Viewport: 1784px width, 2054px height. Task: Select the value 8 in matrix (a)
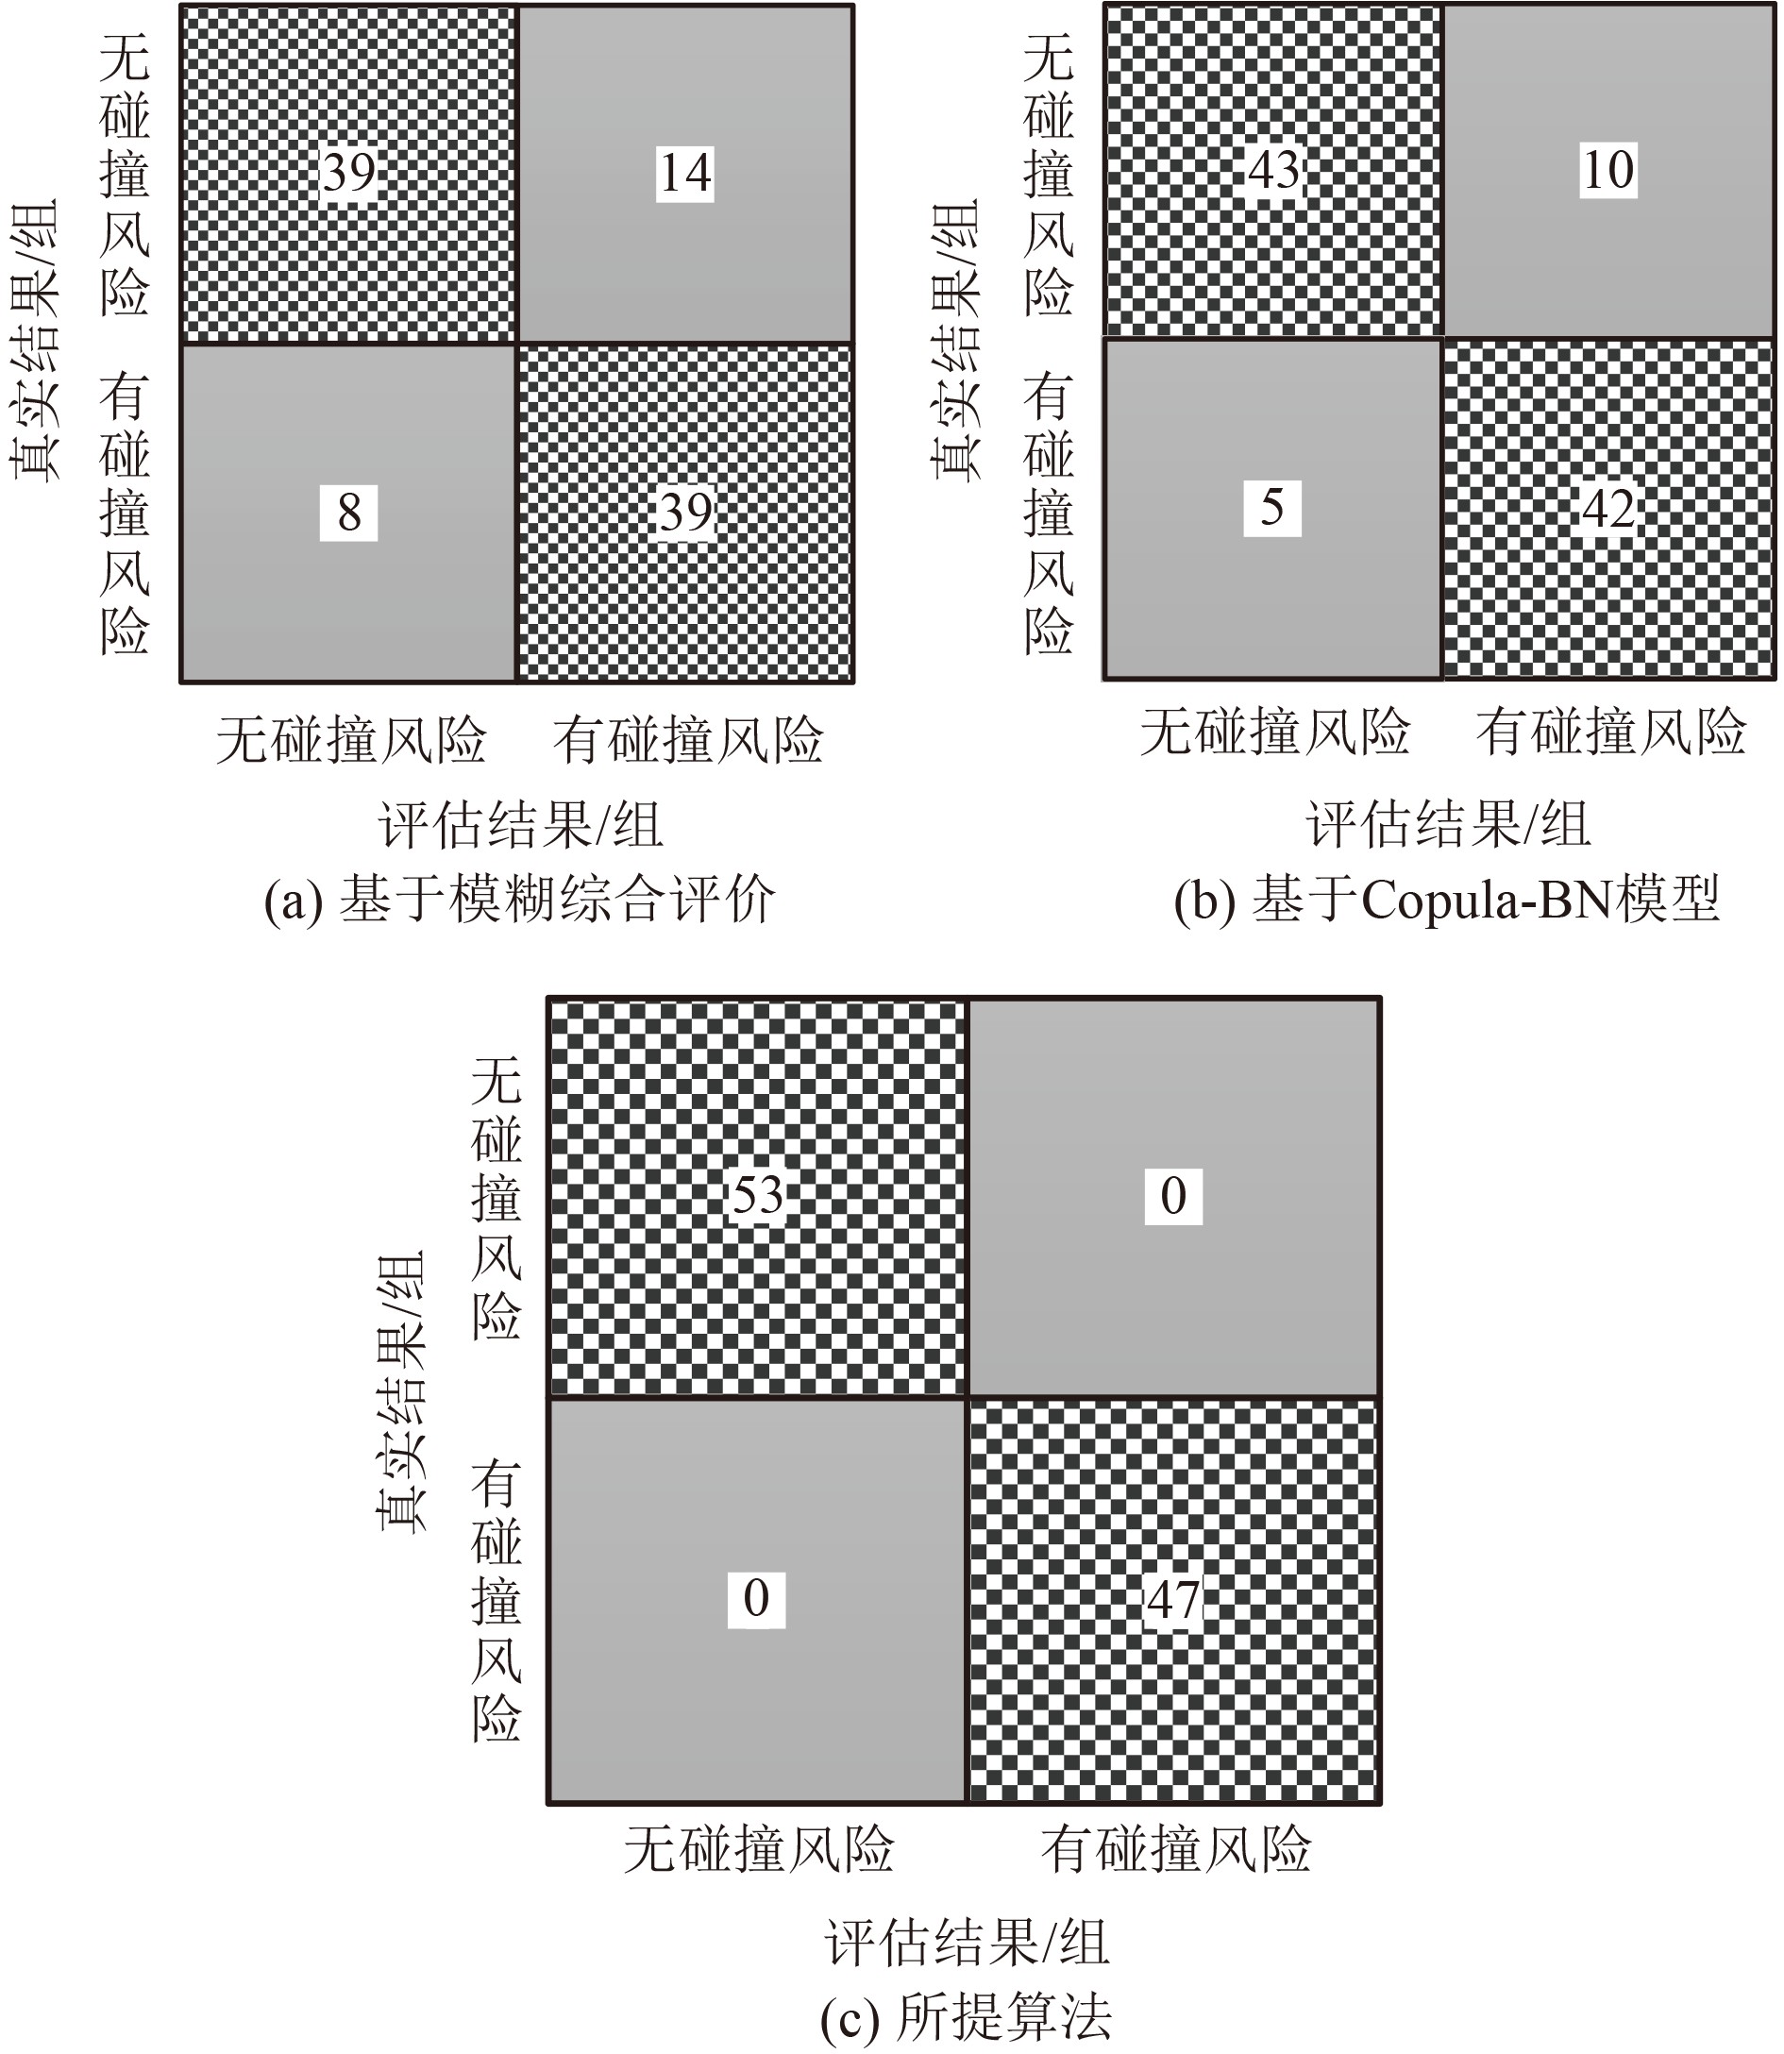[348, 513]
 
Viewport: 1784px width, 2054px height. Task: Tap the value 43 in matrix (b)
[1274, 169]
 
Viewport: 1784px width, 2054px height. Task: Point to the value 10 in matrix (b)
[1608, 169]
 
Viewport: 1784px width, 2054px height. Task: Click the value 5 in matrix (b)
[1272, 508]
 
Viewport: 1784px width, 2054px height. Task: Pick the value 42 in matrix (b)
[1608, 509]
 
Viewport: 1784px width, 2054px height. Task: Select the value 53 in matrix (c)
[758, 1195]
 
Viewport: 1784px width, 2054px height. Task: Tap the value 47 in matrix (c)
[1173, 1600]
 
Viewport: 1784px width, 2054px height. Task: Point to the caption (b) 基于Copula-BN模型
[1446, 901]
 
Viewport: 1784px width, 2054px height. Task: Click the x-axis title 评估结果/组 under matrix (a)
[520, 825]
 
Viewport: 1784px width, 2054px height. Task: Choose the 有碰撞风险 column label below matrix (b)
[1610, 732]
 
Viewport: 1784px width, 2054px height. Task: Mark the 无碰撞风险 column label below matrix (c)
[759, 1850]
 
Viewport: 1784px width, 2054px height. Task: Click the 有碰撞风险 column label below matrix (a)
[688, 740]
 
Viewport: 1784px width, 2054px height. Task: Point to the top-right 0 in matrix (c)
[1173, 1196]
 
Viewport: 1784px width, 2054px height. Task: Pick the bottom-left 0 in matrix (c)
[757, 1599]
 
